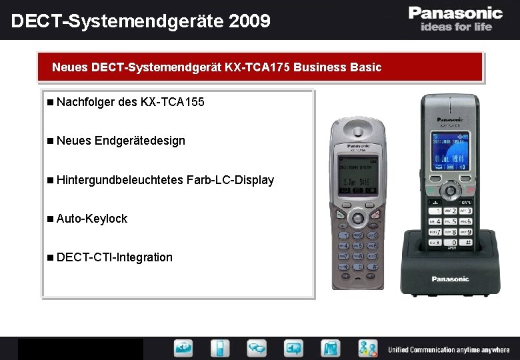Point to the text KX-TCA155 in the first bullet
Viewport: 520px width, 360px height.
click(173, 102)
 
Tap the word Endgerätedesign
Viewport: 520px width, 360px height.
click(140, 141)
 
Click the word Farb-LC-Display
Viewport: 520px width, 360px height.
click(230, 179)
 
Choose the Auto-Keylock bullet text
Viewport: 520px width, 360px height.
click(92, 218)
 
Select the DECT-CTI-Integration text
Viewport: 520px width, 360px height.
click(114, 257)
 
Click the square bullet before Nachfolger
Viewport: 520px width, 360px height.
click(51, 103)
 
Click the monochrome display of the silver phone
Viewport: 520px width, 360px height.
click(358, 175)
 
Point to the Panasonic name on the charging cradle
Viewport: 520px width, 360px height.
click(450, 279)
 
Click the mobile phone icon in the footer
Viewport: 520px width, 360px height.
click(220, 348)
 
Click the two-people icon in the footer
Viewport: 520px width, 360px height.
click(367, 348)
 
